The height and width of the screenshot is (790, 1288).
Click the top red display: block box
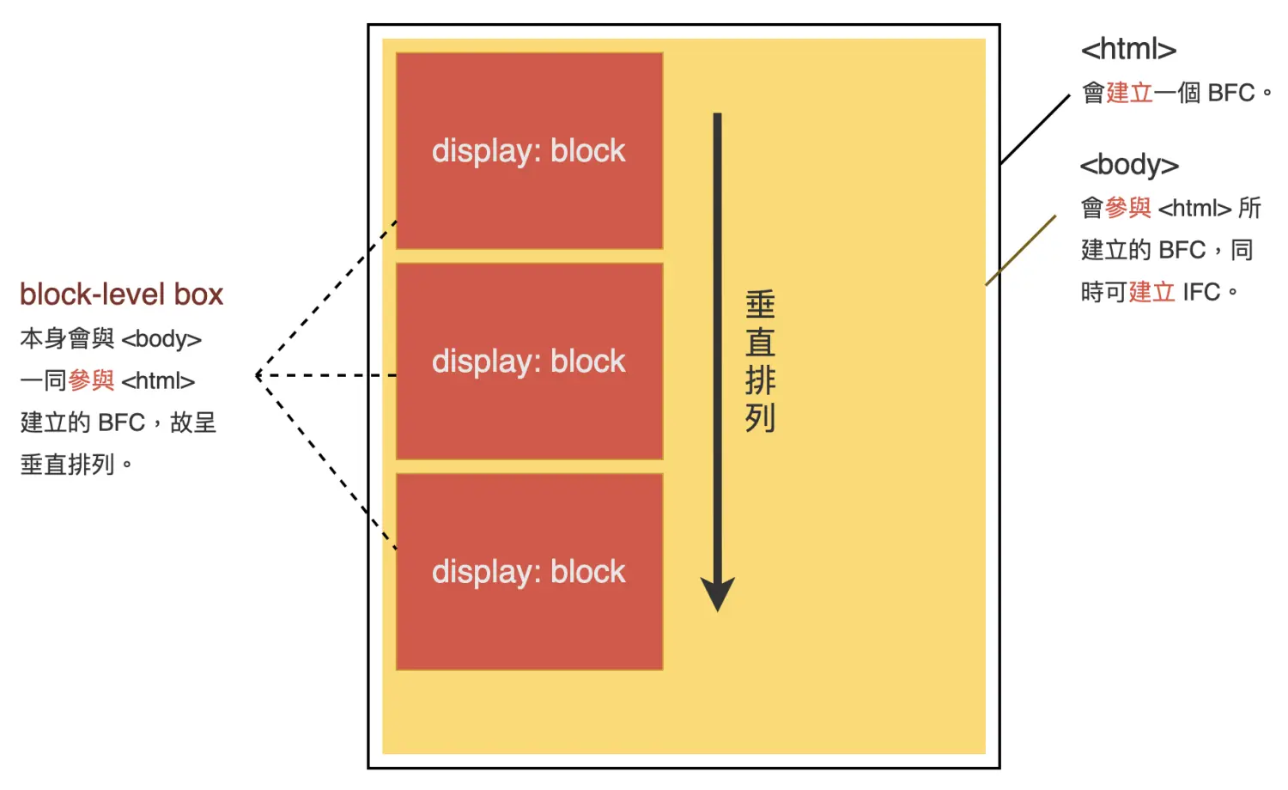[x=529, y=151]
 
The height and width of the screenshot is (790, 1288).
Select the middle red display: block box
[x=529, y=362]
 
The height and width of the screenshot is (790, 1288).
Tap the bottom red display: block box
[x=529, y=572]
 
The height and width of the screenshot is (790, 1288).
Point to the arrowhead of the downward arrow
[x=717, y=594]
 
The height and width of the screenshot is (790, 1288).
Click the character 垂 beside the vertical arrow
[x=760, y=305]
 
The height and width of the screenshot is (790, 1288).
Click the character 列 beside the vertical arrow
[x=760, y=418]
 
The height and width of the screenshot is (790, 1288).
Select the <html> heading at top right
[x=1128, y=50]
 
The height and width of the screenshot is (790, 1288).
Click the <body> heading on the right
[x=1129, y=164]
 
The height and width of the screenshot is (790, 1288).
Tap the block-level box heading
[x=121, y=295]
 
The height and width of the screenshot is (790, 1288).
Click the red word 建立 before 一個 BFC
[x=1129, y=93]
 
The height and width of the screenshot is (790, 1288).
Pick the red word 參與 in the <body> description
[x=1128, y=208]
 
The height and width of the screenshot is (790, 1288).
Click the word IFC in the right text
[x=1200, y=293]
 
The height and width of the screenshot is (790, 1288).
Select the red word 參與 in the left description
[x=91, y=380]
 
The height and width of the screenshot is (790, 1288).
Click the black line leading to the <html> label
[x=1035, y=130]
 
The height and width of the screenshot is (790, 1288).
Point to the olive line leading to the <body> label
[x=1021, y=250]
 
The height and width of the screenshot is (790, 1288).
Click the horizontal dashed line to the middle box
[x=326, y=375]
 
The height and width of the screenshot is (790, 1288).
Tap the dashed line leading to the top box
[x=326, y=298]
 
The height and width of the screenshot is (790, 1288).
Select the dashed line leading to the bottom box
[x=326, y=461]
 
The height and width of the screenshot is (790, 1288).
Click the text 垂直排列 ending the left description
[x=68, y=465]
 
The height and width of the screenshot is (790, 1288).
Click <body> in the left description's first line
[x=161, y=339]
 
